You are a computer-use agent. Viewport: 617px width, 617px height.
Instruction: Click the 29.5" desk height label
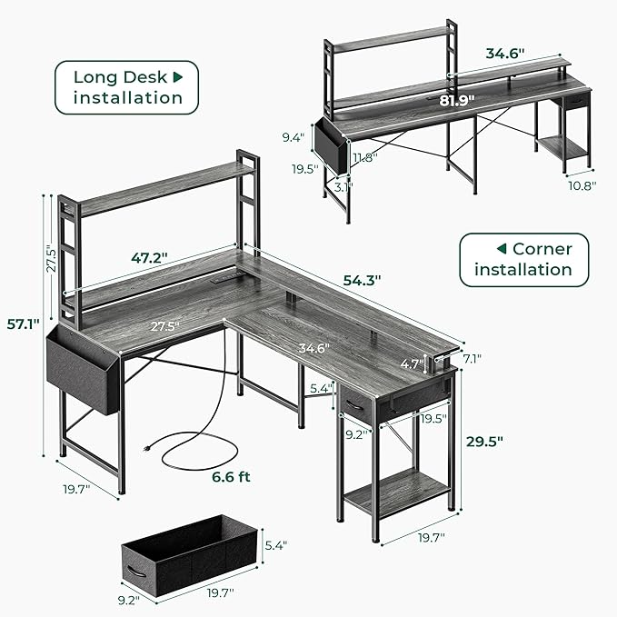click(x=483, y=442)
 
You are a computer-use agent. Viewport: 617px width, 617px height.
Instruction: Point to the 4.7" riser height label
click(x=413, y=364)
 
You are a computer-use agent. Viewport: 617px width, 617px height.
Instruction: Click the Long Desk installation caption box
click(x=127, y=87)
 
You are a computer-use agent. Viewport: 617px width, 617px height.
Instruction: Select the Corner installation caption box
click(x=523, y=259)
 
